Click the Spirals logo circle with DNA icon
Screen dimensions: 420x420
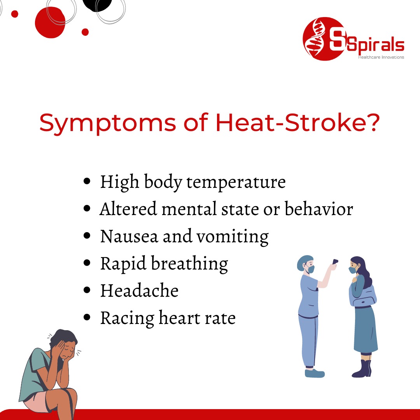[318, 39]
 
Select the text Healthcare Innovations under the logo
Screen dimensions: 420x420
[381, 57]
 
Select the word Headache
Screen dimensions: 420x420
[139, 291]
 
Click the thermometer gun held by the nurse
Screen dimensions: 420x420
[335, 262]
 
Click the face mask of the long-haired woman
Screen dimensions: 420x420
[352, 269]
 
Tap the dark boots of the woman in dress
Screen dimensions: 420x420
[362, 369]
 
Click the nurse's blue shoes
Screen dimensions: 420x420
[314, 373]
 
